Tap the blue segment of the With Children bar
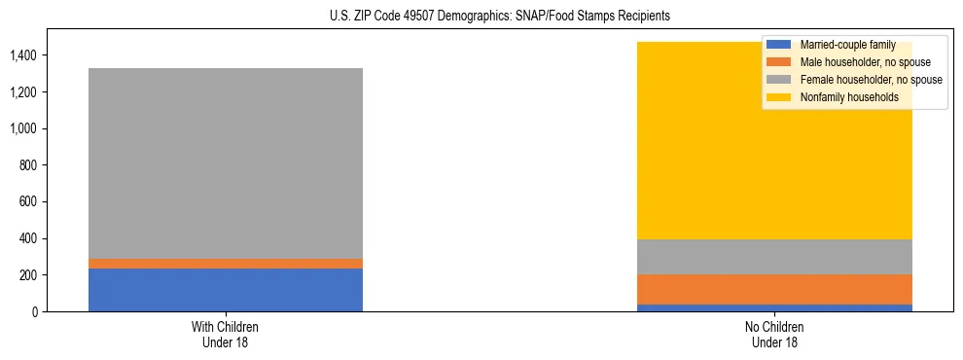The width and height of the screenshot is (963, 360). (225, 290)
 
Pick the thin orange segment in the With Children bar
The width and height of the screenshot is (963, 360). (225, 264)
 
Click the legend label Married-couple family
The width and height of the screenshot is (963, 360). (846, 45)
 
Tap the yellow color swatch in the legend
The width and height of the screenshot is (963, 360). (779, 97)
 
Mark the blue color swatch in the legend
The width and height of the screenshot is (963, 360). (779, 45)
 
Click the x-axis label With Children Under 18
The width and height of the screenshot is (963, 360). (225, 335)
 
